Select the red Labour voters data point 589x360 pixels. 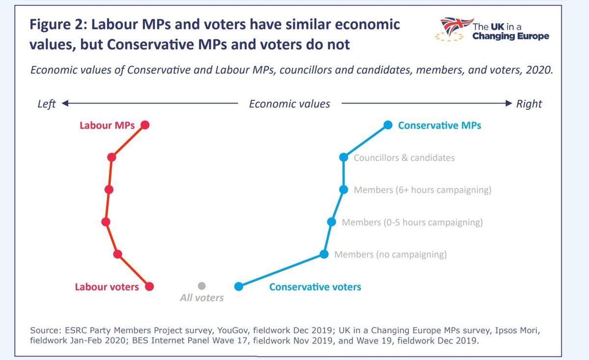[x=150, y=286]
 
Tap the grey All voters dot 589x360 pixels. [x=202, y=286]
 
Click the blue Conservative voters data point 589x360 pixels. [x=239, y=286]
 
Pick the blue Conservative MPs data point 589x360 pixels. [x=388, y=125]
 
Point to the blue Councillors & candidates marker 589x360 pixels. [x=344, y=157]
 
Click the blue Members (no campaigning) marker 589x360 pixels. [x=324, y=254]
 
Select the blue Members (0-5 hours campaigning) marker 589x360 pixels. [x=331, y=222]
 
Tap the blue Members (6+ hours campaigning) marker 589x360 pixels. [x=344, y=190]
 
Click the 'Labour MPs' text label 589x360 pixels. [x=107, y=126]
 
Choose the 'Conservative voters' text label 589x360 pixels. [x=315, y=287]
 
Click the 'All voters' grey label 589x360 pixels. [x=202, y=298]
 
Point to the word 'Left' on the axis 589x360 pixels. [x=47, y=104]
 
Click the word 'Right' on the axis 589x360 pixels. [x=529, y=104]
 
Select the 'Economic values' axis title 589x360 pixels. [x=290, y=104]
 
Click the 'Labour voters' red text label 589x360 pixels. [x=107, y=287]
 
